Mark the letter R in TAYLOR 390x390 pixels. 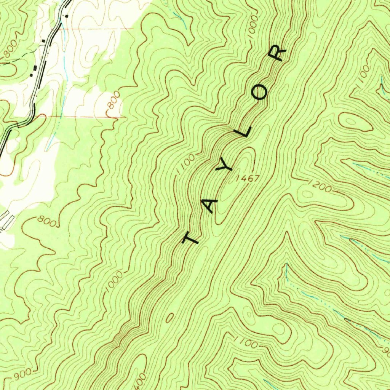[x=277, y=53]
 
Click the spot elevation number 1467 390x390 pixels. [x=248, y=178]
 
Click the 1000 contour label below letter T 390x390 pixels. [x=115, y=282]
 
